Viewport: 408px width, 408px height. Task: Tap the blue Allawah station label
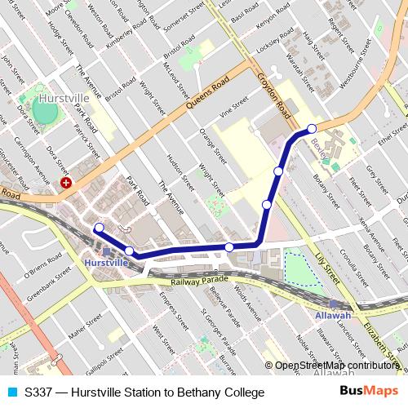click(x=334, y=315)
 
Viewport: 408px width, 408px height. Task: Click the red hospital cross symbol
click(x=66, y=184)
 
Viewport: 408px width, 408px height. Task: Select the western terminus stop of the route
click(x=99, y=228)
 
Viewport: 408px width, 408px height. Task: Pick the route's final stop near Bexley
click(x=312, y=129)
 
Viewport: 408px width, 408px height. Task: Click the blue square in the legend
click(x=11, y=392)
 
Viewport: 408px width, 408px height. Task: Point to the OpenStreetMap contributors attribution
click(x=337, y=366)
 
